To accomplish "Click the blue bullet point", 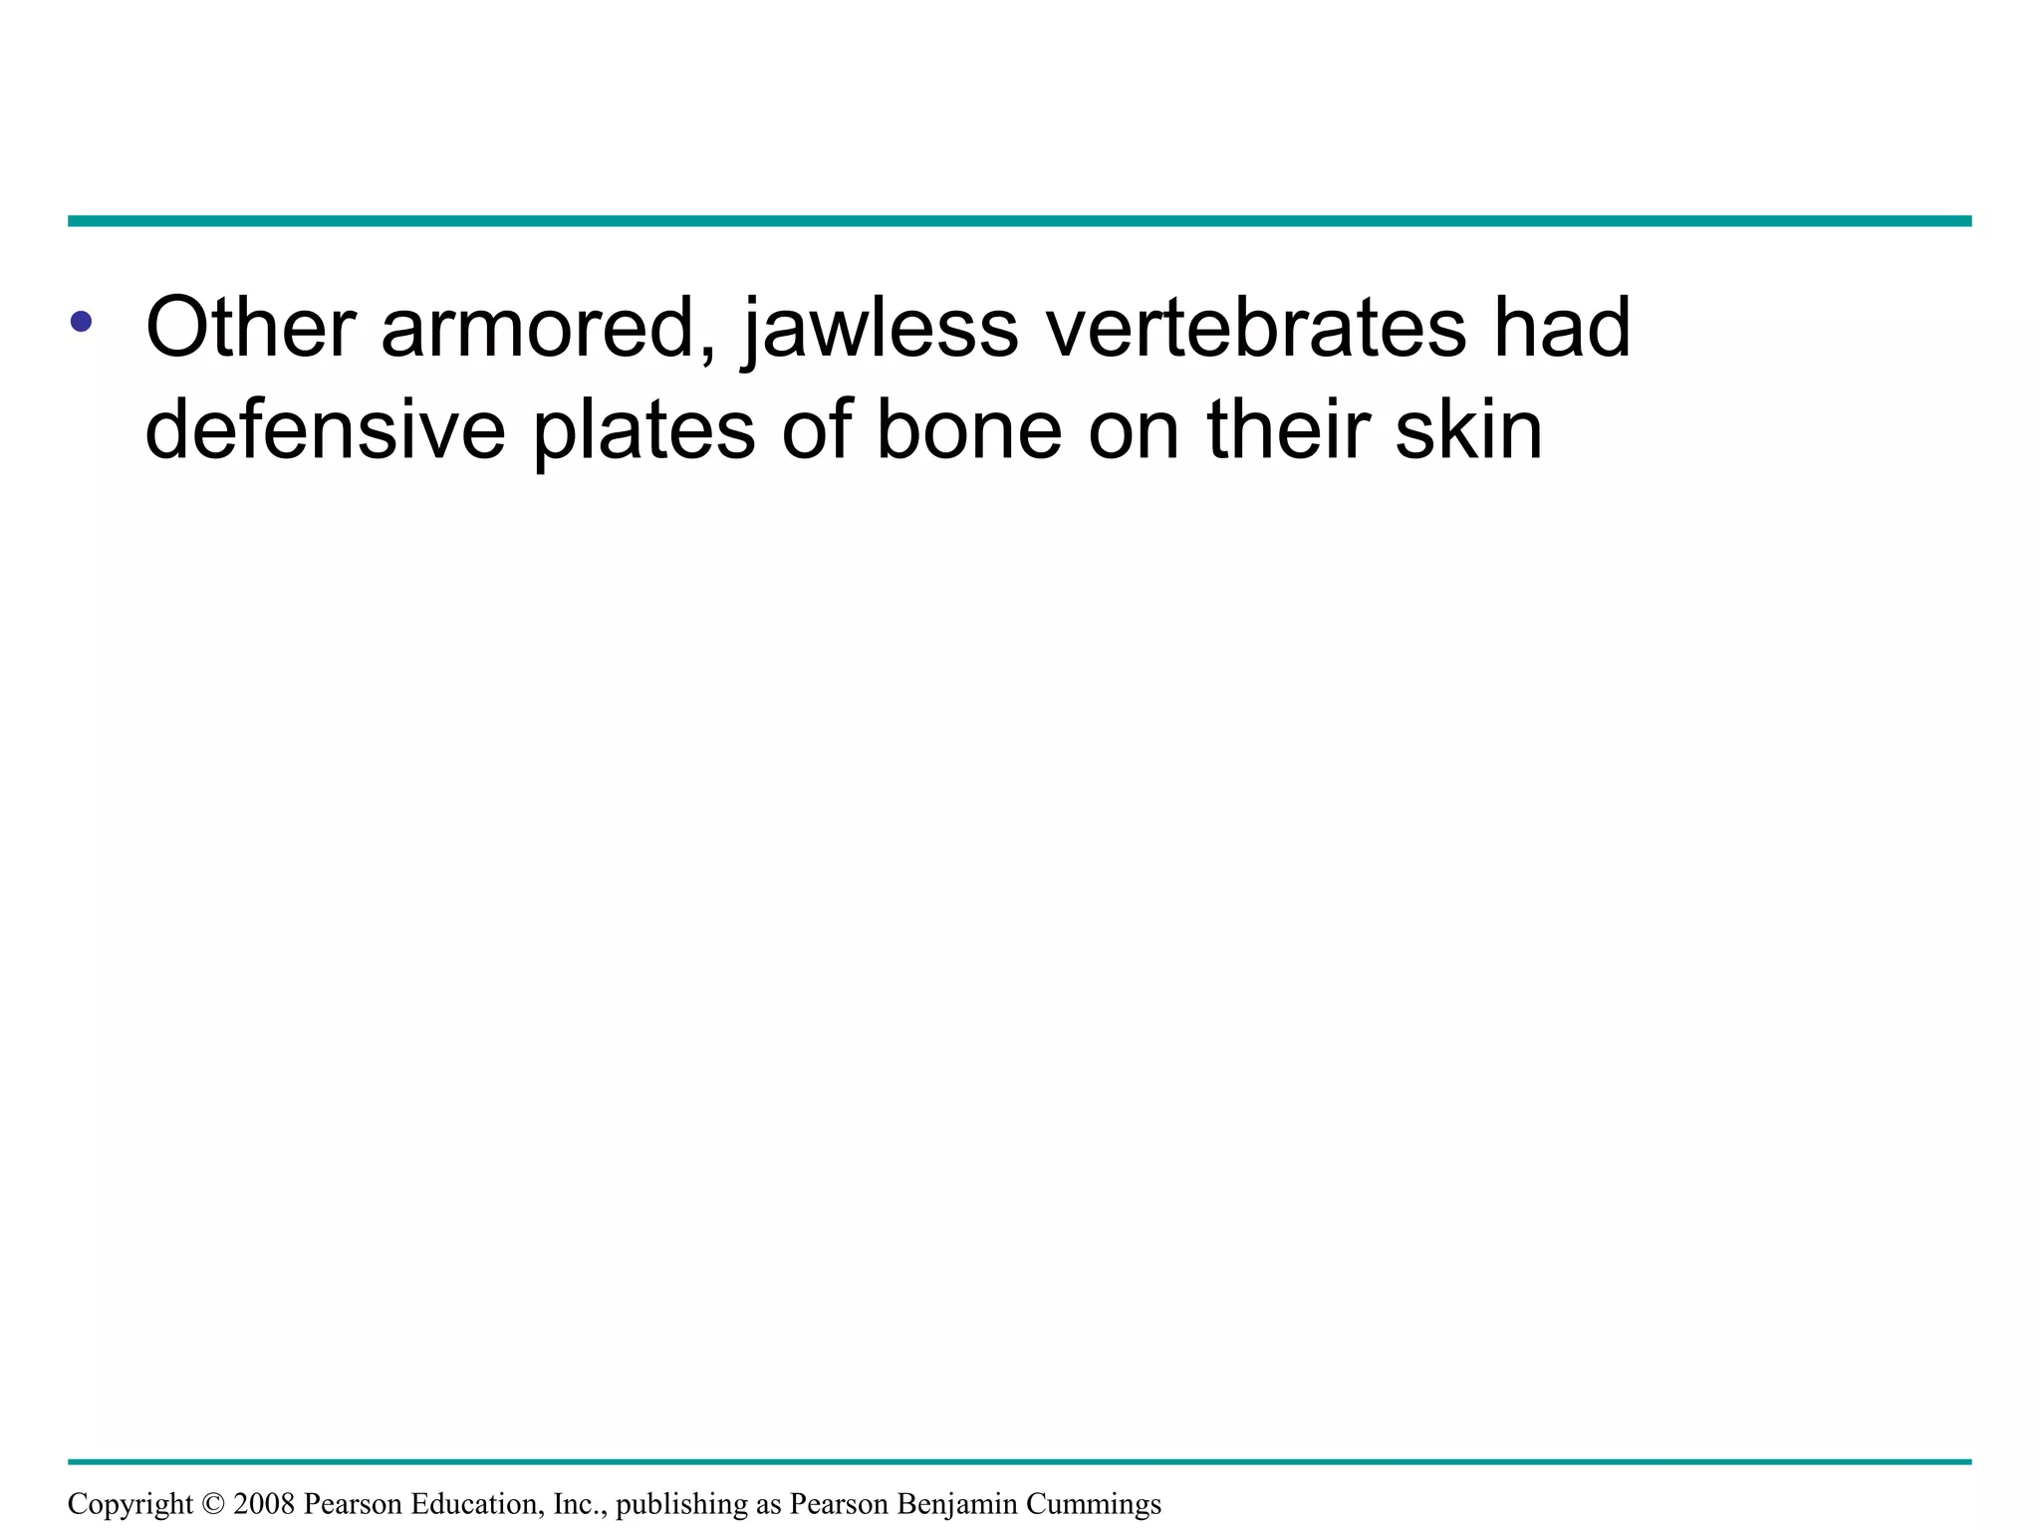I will click(82, 322).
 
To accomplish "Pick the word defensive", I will click(325, 429).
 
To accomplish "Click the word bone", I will click(968, 429).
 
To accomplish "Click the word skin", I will click(1468, 429).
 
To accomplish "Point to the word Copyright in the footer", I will click(130, 1504).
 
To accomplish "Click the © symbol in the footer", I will click(213, 1504).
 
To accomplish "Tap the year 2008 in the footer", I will click(264, 1504).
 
